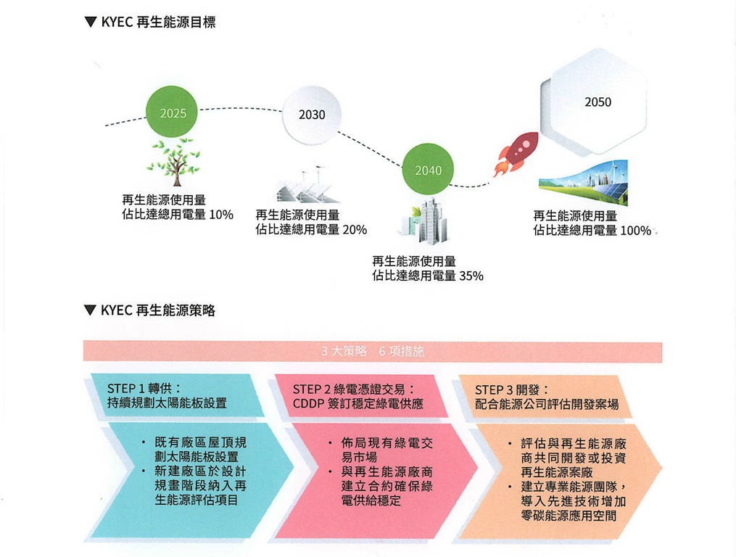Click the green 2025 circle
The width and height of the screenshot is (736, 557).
click(173, 112)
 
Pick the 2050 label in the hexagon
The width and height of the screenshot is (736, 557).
click(598, 102)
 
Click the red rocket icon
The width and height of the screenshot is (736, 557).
click(516, 153)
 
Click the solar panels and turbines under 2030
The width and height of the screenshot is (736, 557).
click(307, 184)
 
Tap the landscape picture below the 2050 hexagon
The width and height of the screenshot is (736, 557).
click(583, 183)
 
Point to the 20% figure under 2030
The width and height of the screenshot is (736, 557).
click(354, 230)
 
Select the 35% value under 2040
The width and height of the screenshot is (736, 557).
click(471, 276)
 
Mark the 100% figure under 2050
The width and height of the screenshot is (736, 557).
click(635, 231)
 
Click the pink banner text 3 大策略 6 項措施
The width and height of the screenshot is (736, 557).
click(372, 351)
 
